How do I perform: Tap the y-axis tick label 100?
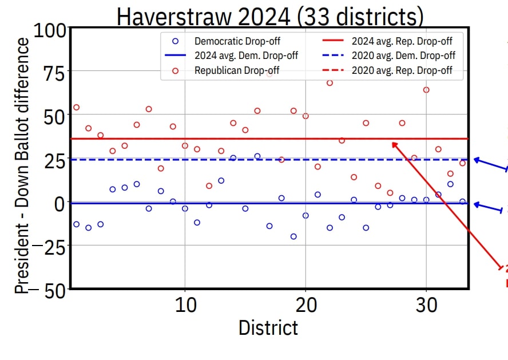(x=50, y=30)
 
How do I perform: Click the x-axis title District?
(x=268, y=328)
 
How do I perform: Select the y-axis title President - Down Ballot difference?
(x=21, y=166)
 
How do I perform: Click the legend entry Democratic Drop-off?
(x=237, y=41)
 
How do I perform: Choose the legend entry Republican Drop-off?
(x=236, y=71)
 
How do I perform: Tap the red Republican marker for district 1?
(x=76, y=107)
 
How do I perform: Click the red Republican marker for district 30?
(x=426, y=90)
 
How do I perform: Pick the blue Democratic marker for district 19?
(x=293, y=236)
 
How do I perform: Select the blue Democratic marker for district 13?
(x=221, y=181)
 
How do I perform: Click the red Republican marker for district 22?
(x=330, y=83)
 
